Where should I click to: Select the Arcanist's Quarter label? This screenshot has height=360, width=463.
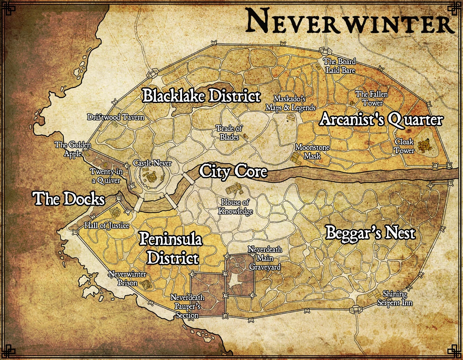coord(381,120)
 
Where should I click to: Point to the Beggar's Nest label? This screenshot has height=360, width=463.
coord(370,233)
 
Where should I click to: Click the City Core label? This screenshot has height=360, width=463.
coord(233,171)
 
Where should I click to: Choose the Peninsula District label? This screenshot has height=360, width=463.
coord(171,248)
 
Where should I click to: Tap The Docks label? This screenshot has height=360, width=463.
coord(69,199)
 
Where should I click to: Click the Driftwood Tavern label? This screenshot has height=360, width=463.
coord(116,117)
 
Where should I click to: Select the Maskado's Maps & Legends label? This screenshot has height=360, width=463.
coord(290,103)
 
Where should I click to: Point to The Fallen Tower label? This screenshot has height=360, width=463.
coord(372,98)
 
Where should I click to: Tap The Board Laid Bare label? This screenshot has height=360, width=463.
coord(340,66)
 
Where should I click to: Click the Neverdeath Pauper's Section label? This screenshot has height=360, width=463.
coord(188,306)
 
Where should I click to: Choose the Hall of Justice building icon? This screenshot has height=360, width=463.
coord(115,212)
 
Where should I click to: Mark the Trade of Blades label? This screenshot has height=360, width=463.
coord(229,132)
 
